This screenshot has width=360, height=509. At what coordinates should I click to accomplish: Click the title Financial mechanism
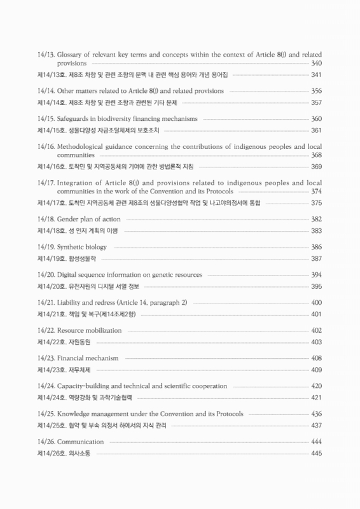click(x=88, y=358)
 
